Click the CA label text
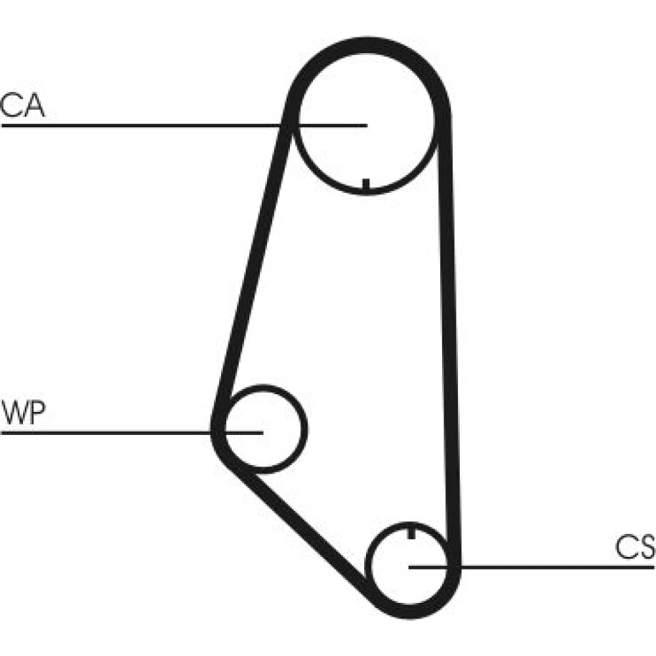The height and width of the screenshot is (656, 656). pyautogui.click(x=22, y=106)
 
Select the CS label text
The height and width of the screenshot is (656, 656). pyautogui.click(x=634, y=547)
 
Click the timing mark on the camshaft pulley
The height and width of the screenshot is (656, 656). pyautogui.click(x=366, y=185)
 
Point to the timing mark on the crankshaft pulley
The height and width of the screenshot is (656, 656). pyautogui.click(x=411, y=531)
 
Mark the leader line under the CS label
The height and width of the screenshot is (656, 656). pyautogui.click(x=558, y=565)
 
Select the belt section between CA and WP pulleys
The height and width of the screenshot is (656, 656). pyautogui.click(x=253, y=262)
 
